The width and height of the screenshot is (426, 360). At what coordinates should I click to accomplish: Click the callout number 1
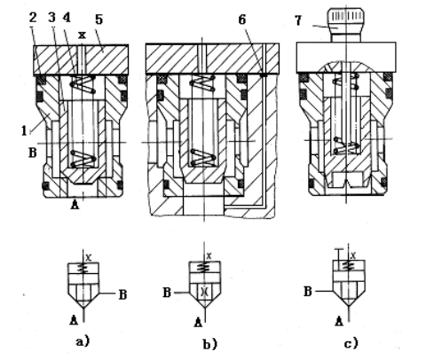(24, 130)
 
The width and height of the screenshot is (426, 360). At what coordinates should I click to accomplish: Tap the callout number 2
(33, 18)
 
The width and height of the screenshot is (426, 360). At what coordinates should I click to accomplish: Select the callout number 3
(52, 18)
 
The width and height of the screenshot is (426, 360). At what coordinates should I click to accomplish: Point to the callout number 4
(67, 18)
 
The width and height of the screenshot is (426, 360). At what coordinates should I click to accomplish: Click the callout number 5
(99, 20)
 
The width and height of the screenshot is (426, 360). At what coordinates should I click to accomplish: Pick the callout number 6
(242, 20)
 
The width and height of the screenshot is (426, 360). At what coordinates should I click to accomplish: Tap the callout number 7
(298, 20)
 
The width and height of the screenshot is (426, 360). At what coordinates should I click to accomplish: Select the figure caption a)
(83, 341)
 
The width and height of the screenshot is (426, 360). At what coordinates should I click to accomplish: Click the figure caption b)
(210, 344)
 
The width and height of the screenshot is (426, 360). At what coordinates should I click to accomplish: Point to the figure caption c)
(351, 343)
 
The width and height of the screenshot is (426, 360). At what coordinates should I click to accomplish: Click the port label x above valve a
(82, 35)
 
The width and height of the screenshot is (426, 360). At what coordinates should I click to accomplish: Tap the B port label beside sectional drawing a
(33, 153)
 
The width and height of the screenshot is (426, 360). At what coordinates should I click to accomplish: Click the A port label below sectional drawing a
(75, 204)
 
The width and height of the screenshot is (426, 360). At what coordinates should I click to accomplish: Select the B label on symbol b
(167, 293)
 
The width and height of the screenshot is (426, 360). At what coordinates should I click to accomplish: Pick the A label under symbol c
(339, 321)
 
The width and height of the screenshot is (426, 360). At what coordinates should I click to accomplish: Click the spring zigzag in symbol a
(83, 269)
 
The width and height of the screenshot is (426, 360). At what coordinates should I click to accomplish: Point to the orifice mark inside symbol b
(204, 292)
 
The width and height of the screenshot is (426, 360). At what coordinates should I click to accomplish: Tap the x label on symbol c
(352, 255)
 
